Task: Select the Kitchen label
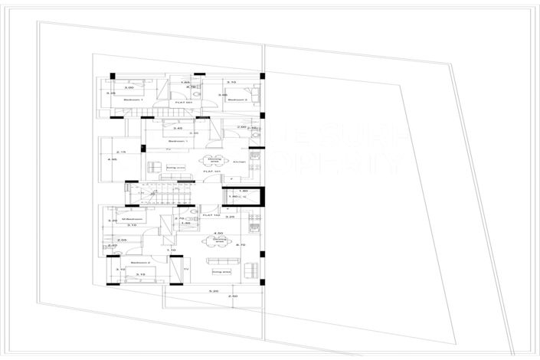(x=238, y=162)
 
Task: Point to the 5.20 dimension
(x=214, y=291)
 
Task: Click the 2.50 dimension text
(x=234, y=296)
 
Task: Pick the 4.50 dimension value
(x=218, y=233)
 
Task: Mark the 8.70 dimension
(x=241, y=244)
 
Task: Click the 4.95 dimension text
(x=112, y=159)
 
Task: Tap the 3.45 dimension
(x=178, y=128)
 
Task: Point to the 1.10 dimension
(x=172, y=250)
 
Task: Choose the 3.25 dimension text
(x=229, y=218)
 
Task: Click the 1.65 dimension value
(x=184, y=82)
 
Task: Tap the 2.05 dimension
(x=122, y=240)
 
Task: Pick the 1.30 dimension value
(x=185, y=223)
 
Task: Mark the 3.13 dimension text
(x=140, y=273)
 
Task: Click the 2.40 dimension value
(x=112, y=245)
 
